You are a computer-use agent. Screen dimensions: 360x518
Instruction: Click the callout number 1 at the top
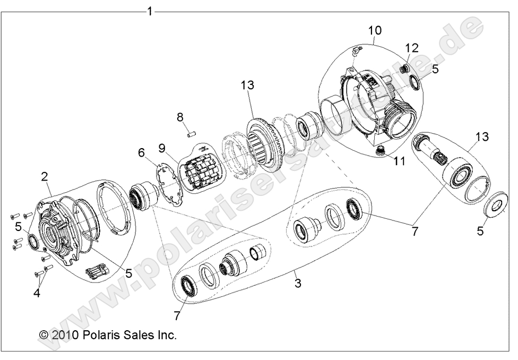click(150, 11)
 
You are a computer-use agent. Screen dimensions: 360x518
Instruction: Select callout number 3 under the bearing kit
click(298, 283)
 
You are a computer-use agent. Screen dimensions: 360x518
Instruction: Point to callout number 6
click(141, 152)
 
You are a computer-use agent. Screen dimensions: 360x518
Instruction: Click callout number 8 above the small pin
click(180, 116)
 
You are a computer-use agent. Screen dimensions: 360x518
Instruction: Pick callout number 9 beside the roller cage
click(161, 147)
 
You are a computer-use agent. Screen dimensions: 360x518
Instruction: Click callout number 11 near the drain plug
click(399, 160)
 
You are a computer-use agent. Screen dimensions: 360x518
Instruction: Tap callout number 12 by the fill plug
click(412, 48)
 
